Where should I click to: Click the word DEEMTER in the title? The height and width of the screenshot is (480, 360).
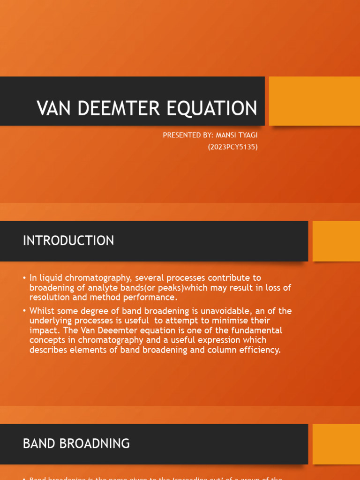pos(111,108)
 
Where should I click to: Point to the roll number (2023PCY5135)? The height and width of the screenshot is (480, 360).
pos(233,147)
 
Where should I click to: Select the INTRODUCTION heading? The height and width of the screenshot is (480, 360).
pos(68,241)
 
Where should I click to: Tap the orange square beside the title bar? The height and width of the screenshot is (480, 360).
pos(314,101)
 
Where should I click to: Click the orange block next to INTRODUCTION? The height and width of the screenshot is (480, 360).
pos(336,241)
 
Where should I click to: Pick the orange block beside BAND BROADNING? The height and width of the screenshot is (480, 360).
pos(336,444)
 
